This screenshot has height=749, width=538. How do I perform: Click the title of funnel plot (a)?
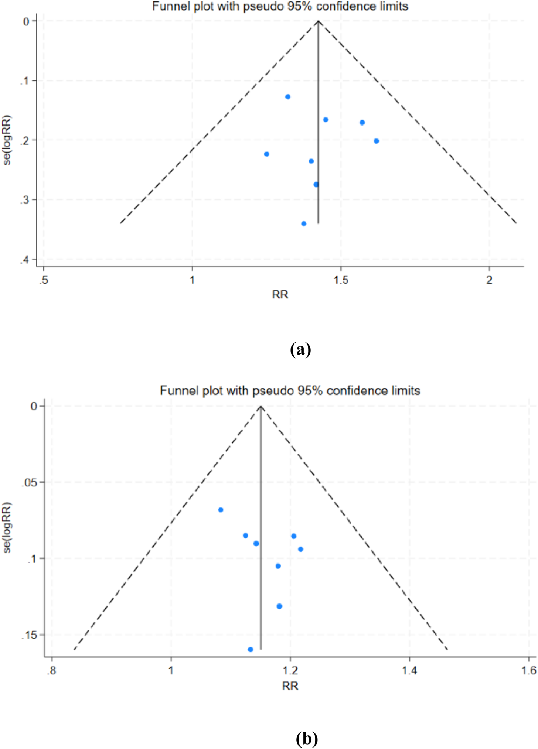pyautogui.click(x=280, y=6)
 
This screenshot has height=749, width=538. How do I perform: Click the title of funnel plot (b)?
pyautogui.click(x=290, y=390)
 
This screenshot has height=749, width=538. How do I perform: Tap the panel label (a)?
pyautogui.click(x=300, y=349)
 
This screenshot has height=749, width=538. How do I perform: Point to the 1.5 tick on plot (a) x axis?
pyautogui.click(x=341, y=280)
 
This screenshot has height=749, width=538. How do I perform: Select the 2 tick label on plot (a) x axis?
pyautogui.click(x=489, y=280)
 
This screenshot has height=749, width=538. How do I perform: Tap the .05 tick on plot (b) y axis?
pyautogui.click(x=29, y=482)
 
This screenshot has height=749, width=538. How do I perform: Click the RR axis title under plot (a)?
pyautogui.click(x=280, y=295)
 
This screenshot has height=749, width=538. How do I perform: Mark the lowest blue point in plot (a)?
pyautogui.click(x=304, y=223)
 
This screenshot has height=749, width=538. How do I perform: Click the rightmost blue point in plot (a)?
pyautogui.click(x=376, y=141)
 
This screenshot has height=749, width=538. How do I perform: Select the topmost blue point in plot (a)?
pyautogui.click(x=288, y=97)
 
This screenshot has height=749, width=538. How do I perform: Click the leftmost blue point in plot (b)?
pyautogui.click(x=221, y=510)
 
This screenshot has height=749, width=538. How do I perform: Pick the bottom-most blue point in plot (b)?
pyautogui.click(x=251, y=649)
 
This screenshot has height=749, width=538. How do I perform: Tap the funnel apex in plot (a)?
pyautogui.click(x=319, y=21)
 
